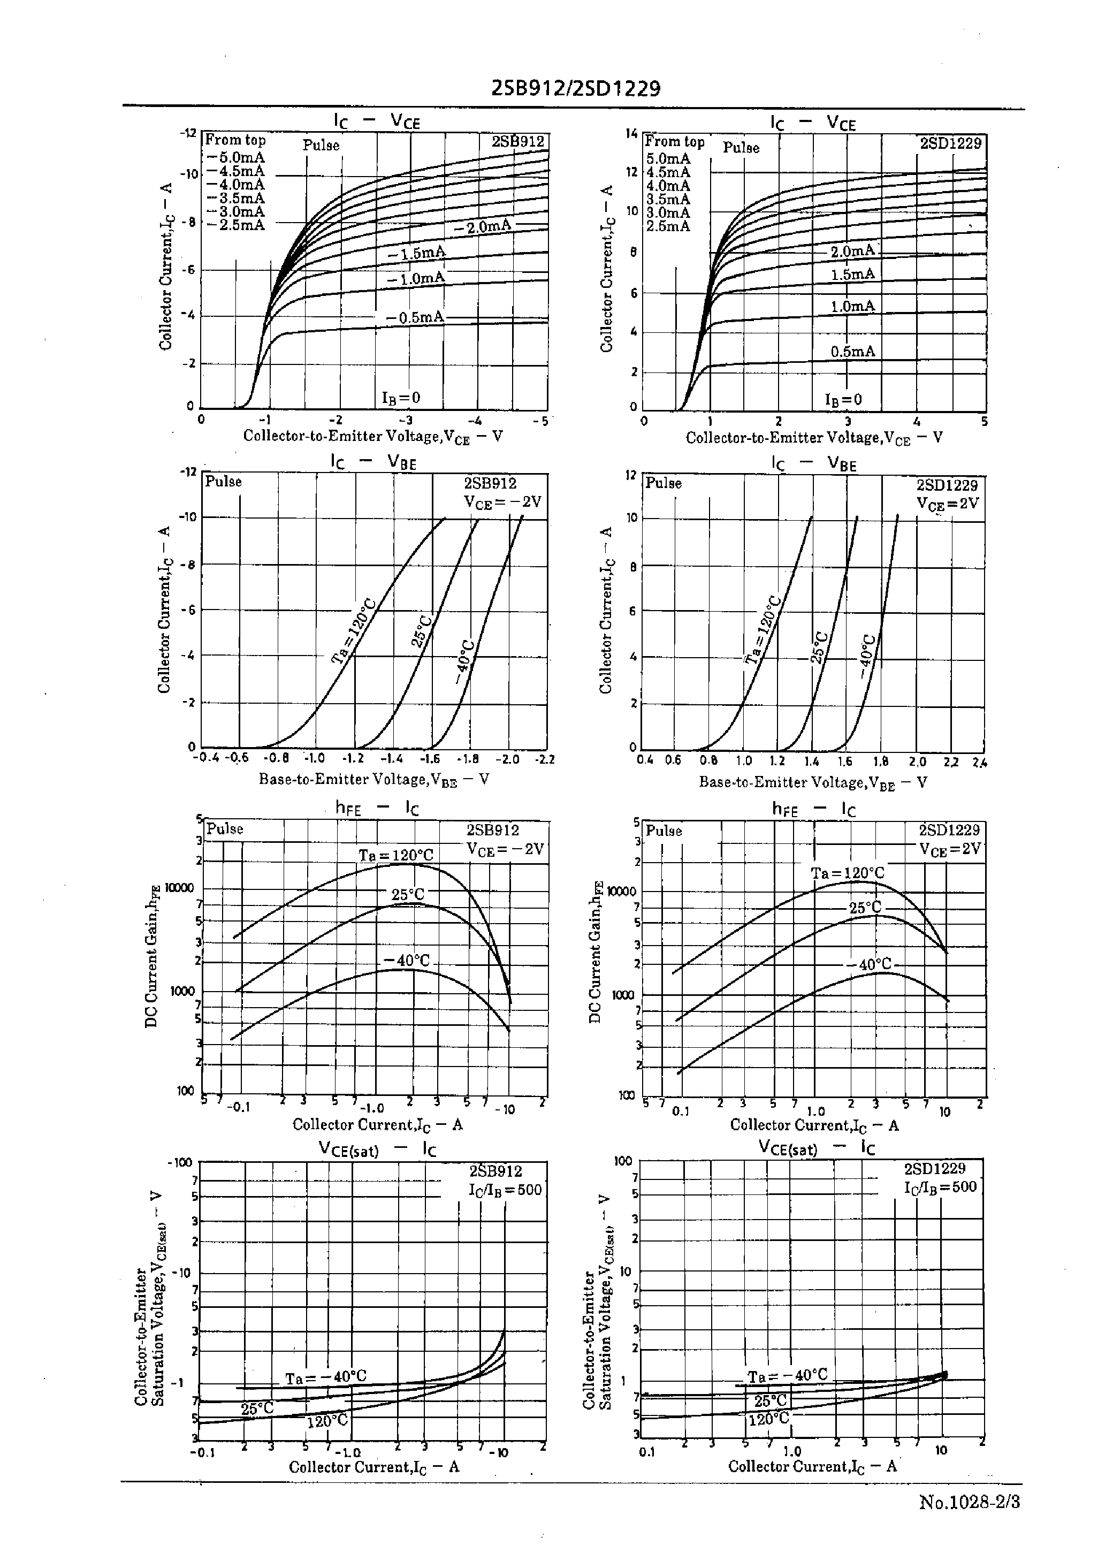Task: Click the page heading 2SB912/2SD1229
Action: tap(576, 88)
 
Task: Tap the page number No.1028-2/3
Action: tap(969, 1502)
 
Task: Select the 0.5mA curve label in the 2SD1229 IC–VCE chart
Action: tap(852, 352)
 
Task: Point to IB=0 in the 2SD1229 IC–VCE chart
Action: tap(843, 400)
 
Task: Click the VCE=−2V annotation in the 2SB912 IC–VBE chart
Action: tap(502, 501)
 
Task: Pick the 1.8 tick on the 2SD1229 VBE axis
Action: tap(881, 760)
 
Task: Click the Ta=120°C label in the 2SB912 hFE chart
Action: tap(396, 855)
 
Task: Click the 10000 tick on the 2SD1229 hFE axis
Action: tap(622, 892)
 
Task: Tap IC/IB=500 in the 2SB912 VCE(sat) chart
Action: tap(505, 1190)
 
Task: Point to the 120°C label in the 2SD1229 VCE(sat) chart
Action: tap(768, 1419)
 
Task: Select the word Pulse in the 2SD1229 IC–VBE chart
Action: tap(664, 483)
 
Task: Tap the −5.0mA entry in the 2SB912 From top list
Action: tap(235, 158)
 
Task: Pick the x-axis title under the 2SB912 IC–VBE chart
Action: tap(373, 779)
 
